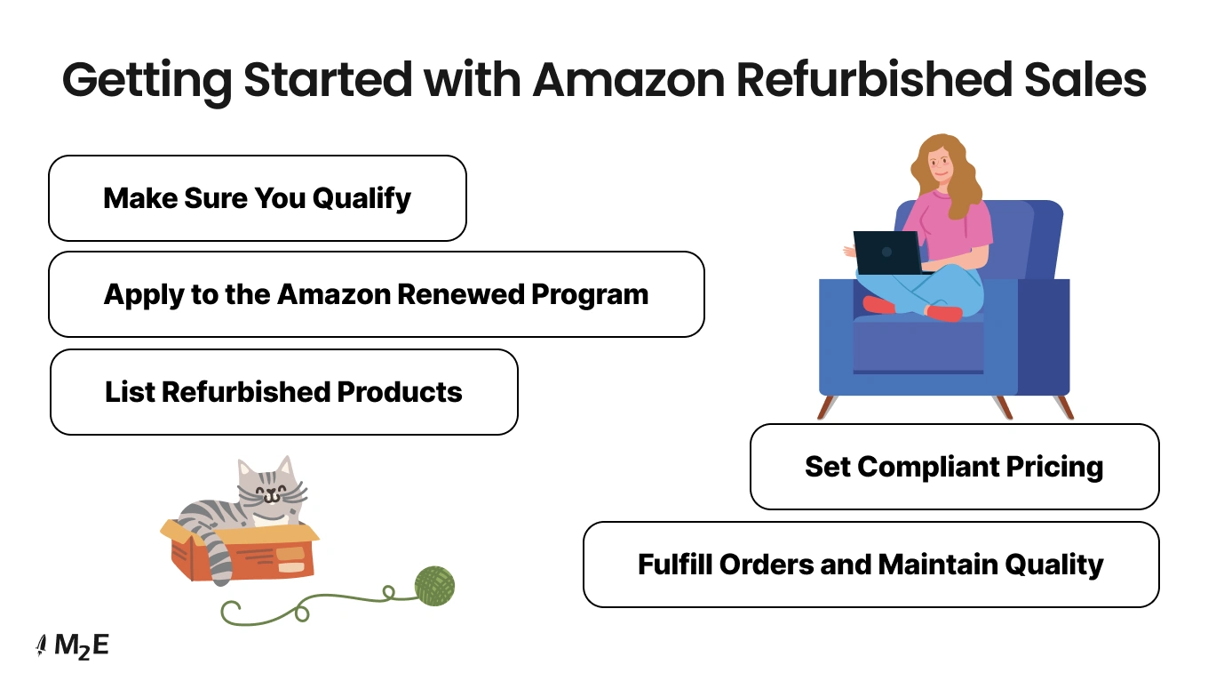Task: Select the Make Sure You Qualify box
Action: point(257,198)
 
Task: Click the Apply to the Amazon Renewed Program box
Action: point(376,294)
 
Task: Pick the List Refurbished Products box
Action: point(283,392)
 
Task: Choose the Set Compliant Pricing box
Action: point(954,467)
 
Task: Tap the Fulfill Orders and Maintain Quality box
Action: point(870,565)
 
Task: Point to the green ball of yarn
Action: point(434,586)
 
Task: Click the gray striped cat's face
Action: point(270,493)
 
